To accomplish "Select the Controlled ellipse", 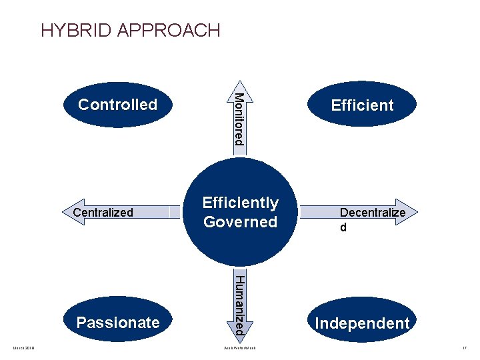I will [117, 105].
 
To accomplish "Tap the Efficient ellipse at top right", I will [362, 105].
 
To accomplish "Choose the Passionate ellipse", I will [118, 323].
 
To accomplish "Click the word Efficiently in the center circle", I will [240, 203].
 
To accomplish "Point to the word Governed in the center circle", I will [240, 222].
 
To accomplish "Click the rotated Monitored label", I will [239, 119].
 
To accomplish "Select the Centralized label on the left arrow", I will [103, 213].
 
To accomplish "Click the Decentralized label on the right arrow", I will [372, 213].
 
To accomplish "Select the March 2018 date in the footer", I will [24, 348].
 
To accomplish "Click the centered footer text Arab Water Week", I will [240, 348].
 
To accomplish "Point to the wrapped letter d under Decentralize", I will [343, 227].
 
